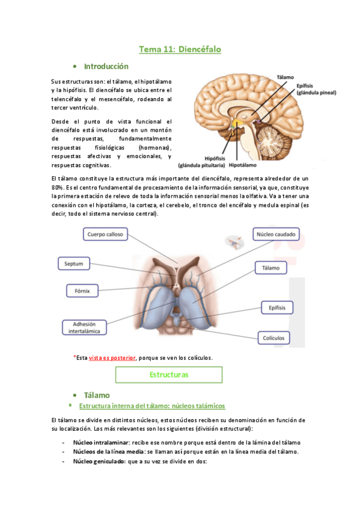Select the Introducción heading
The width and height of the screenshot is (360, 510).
point(106,66)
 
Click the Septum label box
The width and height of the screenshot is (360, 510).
point(75,263)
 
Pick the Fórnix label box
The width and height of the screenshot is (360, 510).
point(82,291)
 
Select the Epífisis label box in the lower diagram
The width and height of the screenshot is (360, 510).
point(277,307)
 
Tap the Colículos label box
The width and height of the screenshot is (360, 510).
point(273,337)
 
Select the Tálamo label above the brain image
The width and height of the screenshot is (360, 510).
point(285,78)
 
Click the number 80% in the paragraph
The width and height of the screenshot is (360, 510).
point(58,187)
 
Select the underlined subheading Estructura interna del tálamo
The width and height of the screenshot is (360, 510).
point(152,406)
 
